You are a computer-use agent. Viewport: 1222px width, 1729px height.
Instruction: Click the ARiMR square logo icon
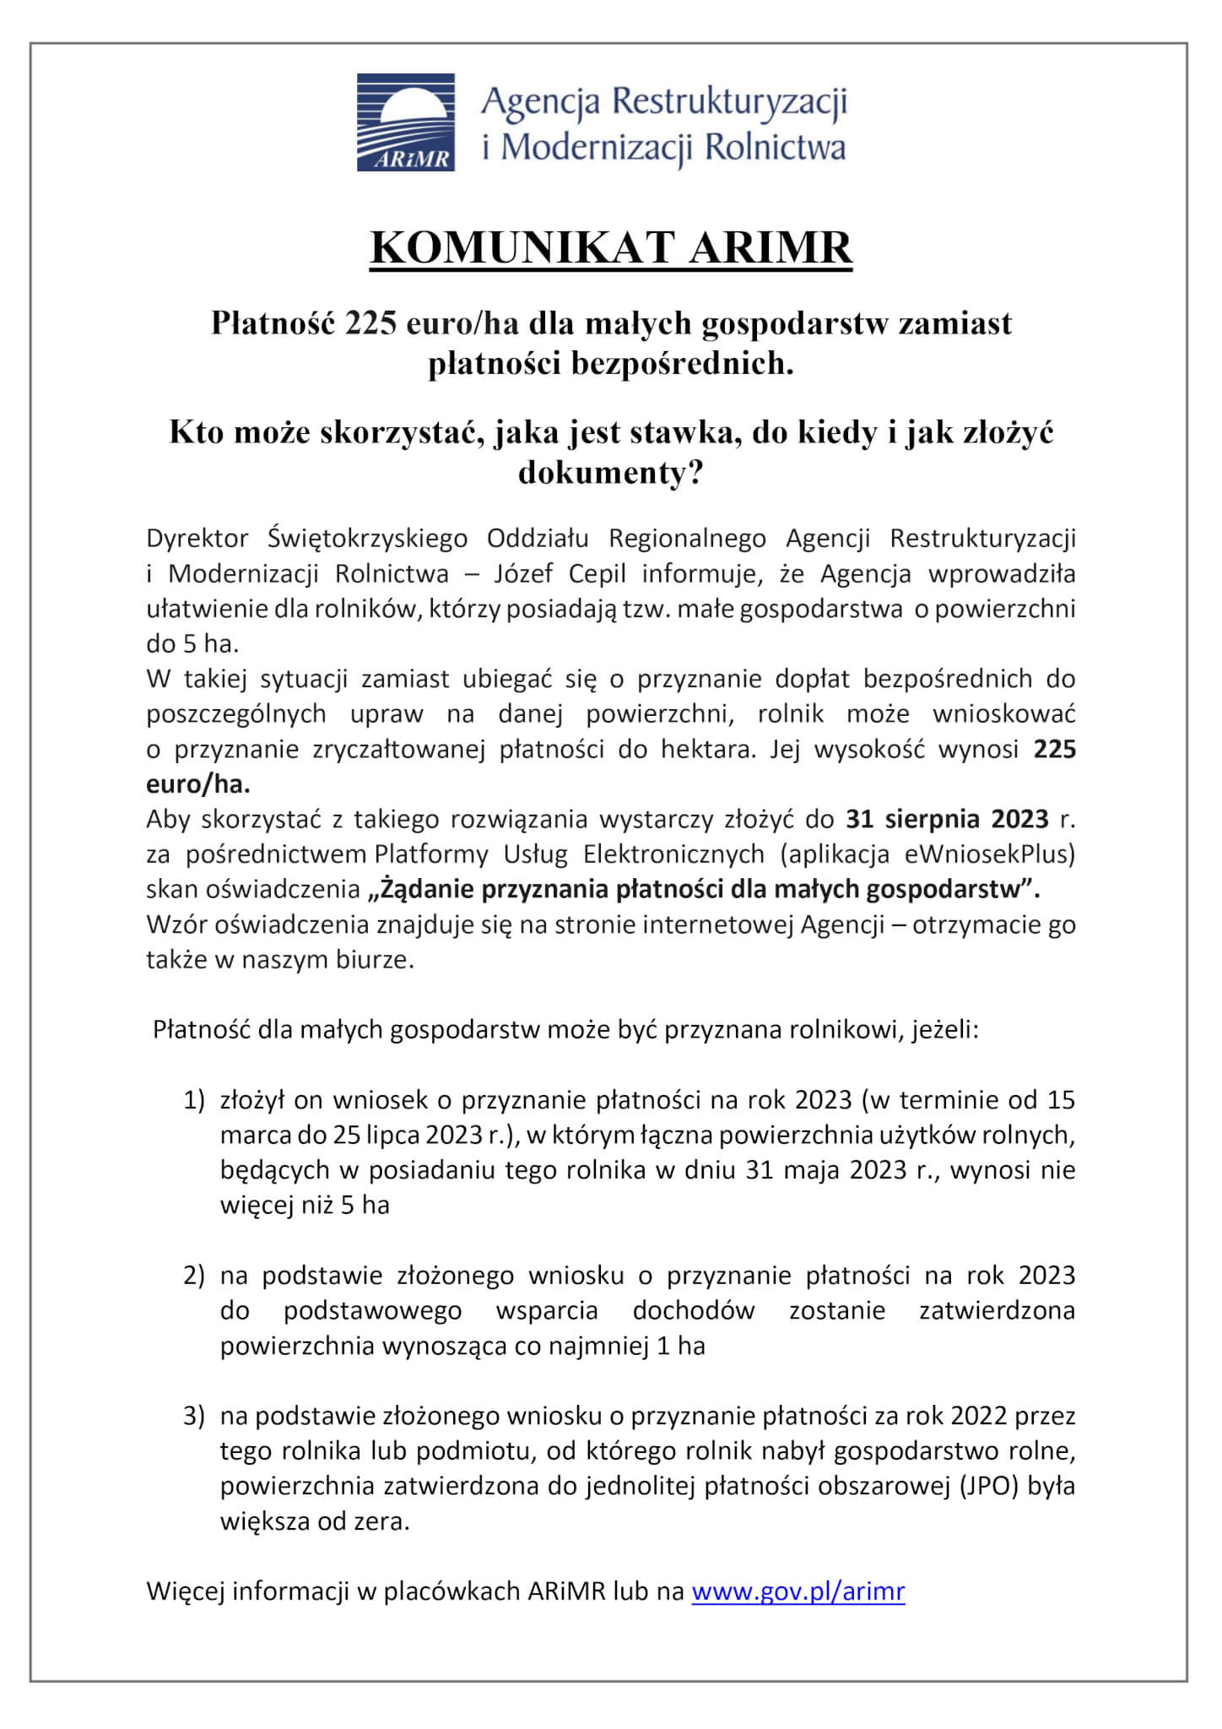405,122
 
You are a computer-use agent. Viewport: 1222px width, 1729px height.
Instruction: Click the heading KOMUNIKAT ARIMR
611,248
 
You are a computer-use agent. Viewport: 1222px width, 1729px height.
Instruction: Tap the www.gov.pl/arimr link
798,1591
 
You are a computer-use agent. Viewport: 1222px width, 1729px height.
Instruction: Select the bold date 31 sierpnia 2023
947,819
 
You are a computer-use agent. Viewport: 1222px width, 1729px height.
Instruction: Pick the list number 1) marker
194,1100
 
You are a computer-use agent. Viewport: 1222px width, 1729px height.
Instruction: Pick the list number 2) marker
194,1275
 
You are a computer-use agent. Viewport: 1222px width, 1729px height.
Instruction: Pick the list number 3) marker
194,1416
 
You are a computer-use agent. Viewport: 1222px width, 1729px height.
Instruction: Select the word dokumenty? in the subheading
610,473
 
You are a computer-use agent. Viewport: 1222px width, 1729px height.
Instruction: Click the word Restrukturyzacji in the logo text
728,103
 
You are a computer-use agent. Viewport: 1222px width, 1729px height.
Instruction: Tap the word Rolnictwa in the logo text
774,147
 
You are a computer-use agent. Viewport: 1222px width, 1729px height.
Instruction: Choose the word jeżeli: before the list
944,1030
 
